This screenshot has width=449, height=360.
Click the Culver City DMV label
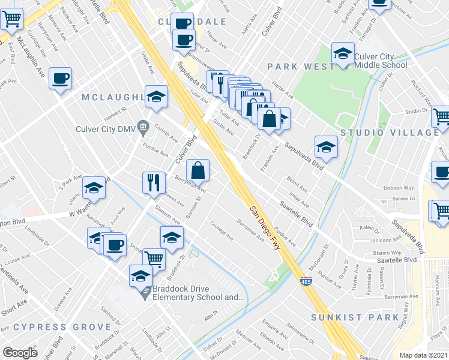coord(105,127)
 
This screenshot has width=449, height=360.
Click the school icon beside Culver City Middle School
coord(343,54)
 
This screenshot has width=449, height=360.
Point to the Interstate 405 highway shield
coord(306,281)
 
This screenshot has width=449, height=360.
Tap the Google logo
coord(20,352)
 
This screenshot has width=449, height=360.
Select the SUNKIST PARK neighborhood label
coord(355,317)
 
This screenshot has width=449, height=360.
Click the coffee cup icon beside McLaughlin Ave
coord(60,78)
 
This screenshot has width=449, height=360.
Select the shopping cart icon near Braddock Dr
coord(154,259)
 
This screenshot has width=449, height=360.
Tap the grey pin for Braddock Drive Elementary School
coord(144,293)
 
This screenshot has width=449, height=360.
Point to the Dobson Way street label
coord(399,188)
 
